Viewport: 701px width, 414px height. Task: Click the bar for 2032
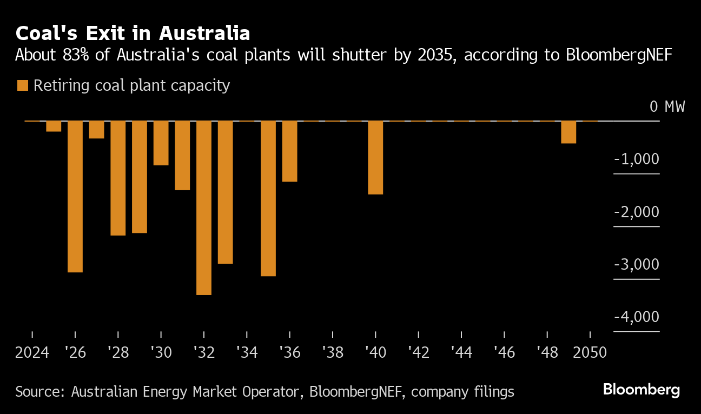(x=203, y=208)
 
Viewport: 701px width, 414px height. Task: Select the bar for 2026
(x=75, y=196)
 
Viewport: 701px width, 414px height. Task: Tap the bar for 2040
(x=375, y=157)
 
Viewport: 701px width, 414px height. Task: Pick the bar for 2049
(x=568, y=132)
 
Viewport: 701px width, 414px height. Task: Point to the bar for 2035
(x=268, y=198)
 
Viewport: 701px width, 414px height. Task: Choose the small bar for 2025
(x=54, y=126)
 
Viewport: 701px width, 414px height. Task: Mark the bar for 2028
(x=118, y=178)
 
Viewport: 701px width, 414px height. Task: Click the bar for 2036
(x=289, y=151)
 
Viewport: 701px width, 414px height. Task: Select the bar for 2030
(x=161, y=143)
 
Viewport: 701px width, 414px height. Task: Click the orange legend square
(x=22, y=85)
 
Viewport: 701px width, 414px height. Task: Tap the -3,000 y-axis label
(x=637, y=264)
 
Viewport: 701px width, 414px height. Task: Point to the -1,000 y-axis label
(x=637, y=159)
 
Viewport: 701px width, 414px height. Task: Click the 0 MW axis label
(x=667, y=106)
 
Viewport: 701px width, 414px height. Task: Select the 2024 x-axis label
(x=32, y=353)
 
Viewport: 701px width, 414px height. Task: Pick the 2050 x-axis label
(x=590, y=353)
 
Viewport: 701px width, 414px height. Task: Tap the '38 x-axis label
(x=332, y=353)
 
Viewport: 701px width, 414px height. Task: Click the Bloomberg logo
(x=641, y=389)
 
